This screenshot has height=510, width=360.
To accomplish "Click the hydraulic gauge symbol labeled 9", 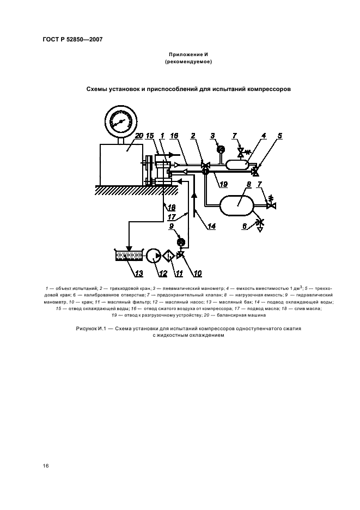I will (x=182, y=241).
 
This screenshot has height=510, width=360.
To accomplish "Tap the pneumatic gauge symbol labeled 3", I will (x=221, y=149).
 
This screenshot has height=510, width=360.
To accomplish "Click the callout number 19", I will (x=223, y=184).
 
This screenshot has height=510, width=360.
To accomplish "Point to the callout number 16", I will (x=173, y=135).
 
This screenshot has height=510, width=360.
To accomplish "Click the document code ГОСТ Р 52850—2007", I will (x=72, y=40).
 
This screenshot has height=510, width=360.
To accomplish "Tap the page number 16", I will (x=46, y=466).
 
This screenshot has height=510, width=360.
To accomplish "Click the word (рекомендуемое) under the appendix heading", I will (x=187, y=62).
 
